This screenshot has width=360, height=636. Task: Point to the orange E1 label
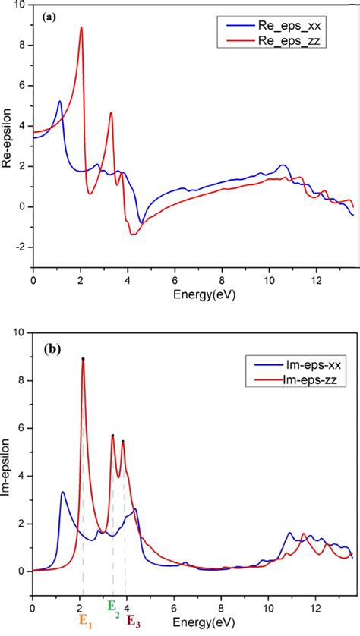pos(82,619)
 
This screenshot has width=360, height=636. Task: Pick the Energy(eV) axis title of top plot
pos(192,293)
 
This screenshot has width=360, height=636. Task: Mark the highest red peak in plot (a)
pos(81,27)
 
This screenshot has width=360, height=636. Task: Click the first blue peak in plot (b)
pos(62,492)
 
